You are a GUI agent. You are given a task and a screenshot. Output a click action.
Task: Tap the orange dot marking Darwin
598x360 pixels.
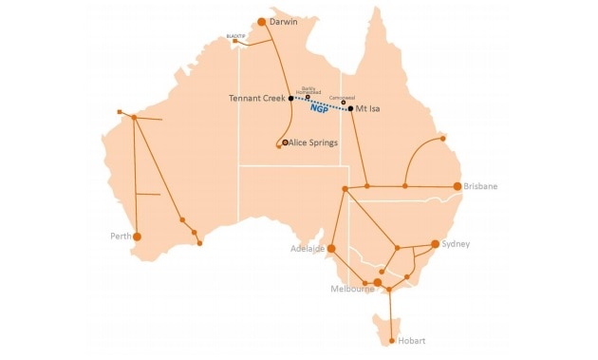click(261, 21)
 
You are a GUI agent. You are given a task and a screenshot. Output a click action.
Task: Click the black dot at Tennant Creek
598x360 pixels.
click(291, 98)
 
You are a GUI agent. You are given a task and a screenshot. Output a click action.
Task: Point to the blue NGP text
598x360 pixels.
click(320, 108)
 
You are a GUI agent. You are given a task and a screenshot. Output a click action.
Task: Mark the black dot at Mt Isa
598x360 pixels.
click(351, 108)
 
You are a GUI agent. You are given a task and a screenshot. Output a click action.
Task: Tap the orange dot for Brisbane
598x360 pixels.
click(457, 186)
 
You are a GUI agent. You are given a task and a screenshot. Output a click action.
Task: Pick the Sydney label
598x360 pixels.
click(456, 244)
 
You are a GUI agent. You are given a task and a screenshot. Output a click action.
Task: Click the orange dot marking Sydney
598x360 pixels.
click(435, 244)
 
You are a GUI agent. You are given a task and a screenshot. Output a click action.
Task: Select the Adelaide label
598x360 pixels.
click(307, 249)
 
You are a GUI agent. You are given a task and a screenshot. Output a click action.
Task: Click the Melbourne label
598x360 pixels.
click(351, 288)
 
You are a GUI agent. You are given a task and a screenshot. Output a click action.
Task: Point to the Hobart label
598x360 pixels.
click(411, 340)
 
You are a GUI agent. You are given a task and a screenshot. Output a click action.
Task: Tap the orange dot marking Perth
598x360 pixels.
click(137, 236)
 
